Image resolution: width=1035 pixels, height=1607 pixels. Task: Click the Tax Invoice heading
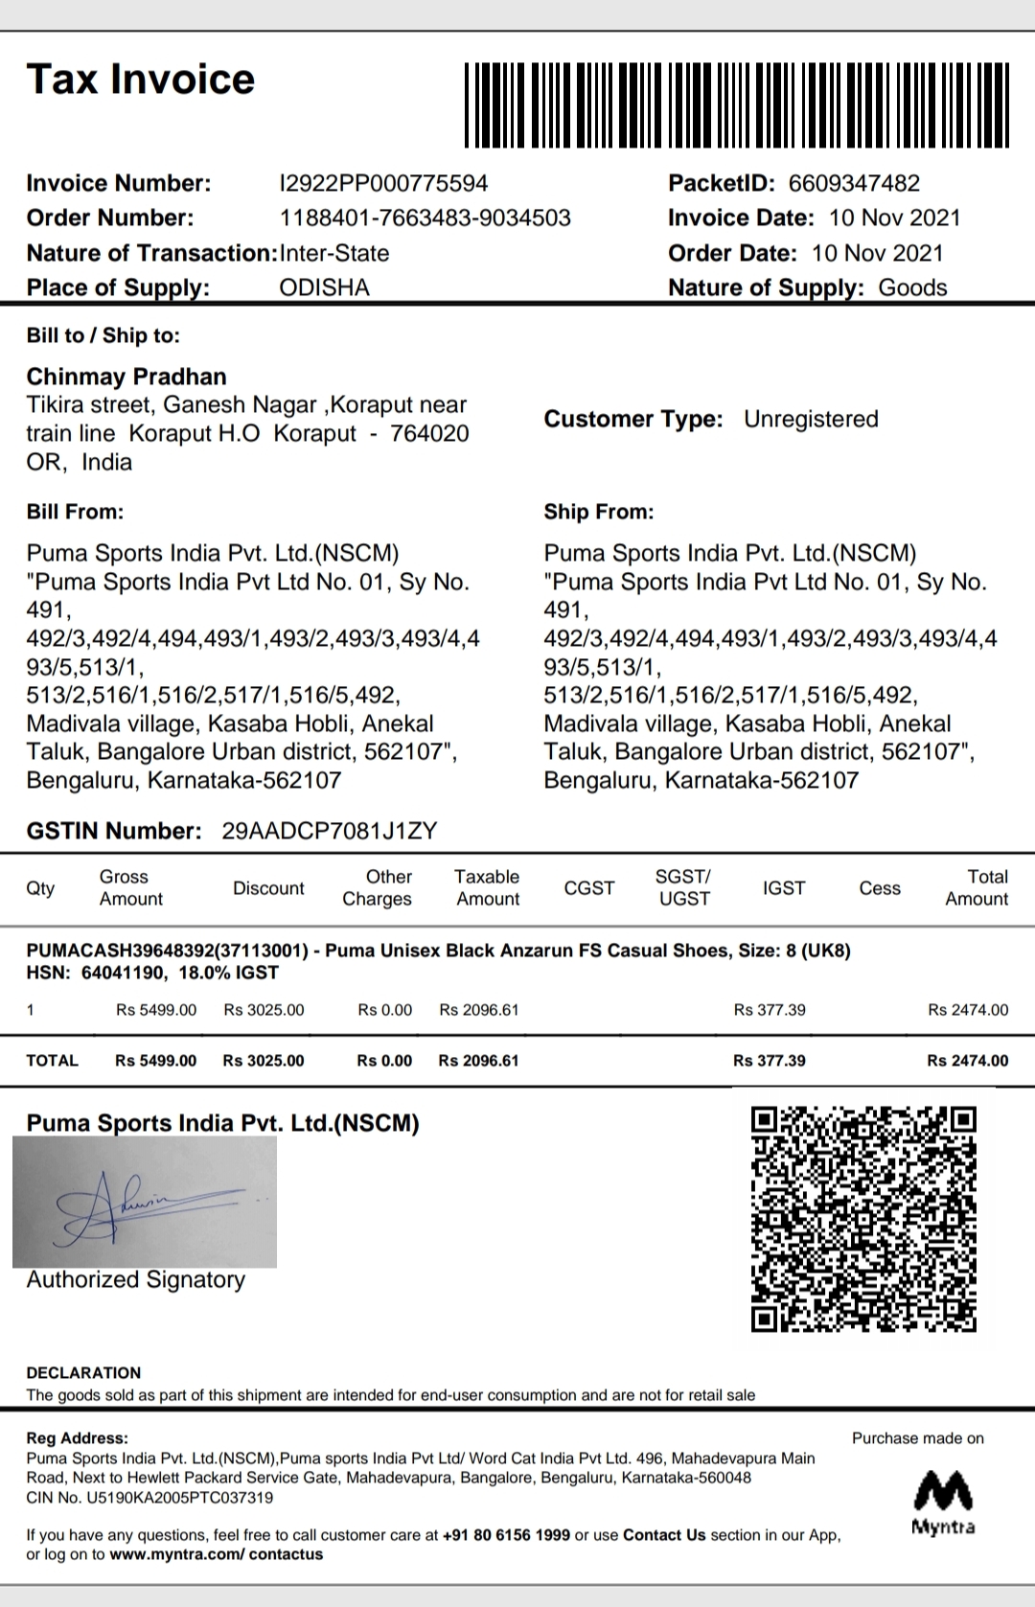click(x=141, y=80)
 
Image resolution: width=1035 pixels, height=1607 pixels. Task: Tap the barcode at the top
click(x=736, y=104)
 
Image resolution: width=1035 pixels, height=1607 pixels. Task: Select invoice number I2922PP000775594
click(x=383, y=183)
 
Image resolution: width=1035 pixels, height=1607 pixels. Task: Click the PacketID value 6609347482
click(x=854, y=183)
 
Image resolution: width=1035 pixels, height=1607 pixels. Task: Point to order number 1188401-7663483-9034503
click(x=425, y=218)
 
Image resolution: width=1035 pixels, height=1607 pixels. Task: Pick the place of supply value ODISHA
click(x=324, y=287)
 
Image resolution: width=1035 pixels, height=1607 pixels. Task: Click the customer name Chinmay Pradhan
click(x=126, y=377)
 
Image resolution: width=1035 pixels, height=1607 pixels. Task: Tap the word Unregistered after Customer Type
click(x=811, y=419)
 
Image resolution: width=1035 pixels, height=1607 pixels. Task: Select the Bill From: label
click(x=75, y=512)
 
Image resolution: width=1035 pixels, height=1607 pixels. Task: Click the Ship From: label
click(x=599, y=512)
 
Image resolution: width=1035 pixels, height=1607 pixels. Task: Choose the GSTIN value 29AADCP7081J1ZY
click(x=329, y=831)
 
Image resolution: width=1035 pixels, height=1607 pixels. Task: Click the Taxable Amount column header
click(x=487, y=887)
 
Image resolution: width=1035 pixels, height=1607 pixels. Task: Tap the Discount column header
click(x=268, y=888)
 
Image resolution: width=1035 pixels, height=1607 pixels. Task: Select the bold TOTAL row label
click(x=53, y=1061)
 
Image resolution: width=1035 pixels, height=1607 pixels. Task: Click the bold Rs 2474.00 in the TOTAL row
click(x=967, y=1061)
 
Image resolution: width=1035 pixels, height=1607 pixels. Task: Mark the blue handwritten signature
click(x=144, y=1202)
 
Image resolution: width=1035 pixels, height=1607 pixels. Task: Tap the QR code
click(x=863, y=1219)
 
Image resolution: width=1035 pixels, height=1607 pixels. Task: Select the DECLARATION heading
click(x=83, y=1372)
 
